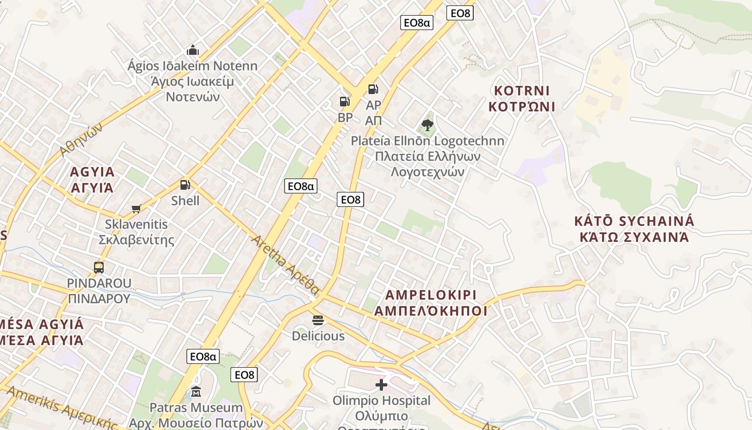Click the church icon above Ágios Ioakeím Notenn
coord(193,51)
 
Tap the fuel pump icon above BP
coord(345,101)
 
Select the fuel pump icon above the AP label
coord(373,89)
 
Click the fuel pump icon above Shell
coord(185,185)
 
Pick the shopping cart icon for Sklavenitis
coord(136,209)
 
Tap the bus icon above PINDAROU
coord(99,267)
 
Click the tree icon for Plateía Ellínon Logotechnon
coord(428,125)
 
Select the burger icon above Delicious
coord(318,320)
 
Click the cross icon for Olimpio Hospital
coord(381,385)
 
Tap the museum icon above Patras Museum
coord(196,391)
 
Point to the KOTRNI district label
coord(522,90)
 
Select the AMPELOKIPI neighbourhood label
coord(431,295)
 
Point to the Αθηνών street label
coord(81,139)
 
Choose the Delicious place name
coord(318,336)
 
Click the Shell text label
coord(185,201)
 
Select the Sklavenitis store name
coord(136,224)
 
